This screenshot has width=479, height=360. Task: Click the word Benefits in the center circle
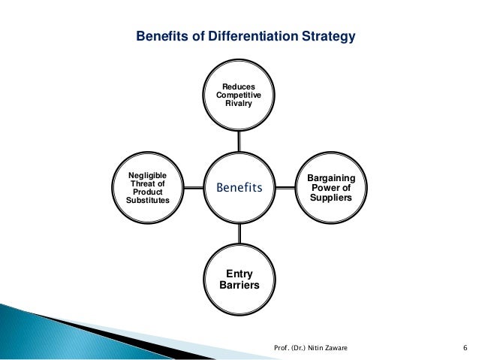pos(239,188)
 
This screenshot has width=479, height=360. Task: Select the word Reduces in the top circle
pos(239,87)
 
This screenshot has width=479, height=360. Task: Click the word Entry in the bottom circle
pos(239,275)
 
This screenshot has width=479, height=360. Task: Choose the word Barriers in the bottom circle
pos(239,286)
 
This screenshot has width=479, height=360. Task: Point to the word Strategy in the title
pos(328,36)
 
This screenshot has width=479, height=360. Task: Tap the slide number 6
pos(465,347)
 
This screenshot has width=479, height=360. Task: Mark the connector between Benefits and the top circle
pos(239,141)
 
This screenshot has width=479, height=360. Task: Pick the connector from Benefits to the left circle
pos(194,188)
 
